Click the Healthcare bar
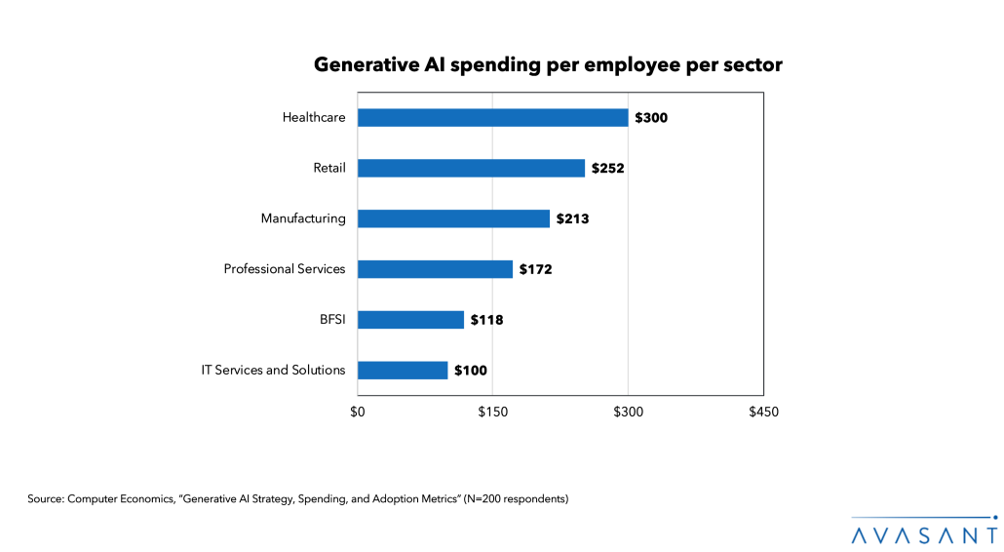pyautogui.click(x=492, y=118)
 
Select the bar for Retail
pyautogui.click(x=471, y=168)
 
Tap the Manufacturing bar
pyautogui.click(x=453, y=218)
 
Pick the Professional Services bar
pyautogui.click(x=435, y=269)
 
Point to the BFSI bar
pyautogui.click(x=410, y=319)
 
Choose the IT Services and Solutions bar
pyautogui.click(x=403, y=370)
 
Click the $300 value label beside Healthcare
pyautogui.click(x=651, y=118)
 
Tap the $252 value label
pyautogui.click(x=608, y=168)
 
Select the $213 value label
pyautogui.click(x=572, y=218)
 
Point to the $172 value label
pyautogui.click(x=535, y=269)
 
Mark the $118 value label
pyautogui.click(x=486, y=319)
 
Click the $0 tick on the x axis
pyautogui.click(x=358, y=412)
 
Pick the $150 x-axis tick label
pyautogui.click(x=492, y=412)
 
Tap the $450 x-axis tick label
pyautogui.click(x=763, y=412)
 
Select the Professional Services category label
pyautogui.click(x=285, y=269)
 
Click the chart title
pyautogui.click(x=548, y=65)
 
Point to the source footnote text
pyautogui.click(x=297, y=499)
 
